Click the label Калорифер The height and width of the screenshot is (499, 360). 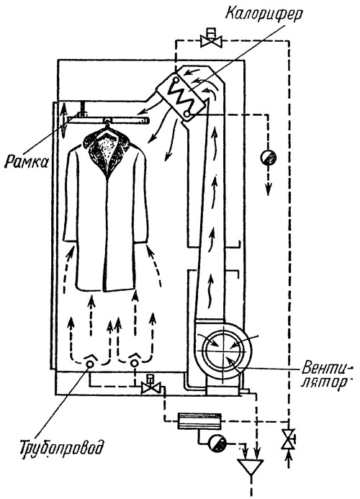pyautogui.click(x=264, y=14)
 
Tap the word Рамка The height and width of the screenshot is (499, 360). pyautogui.click(x=27, y=162)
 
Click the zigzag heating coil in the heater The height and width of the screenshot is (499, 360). pyautogui.click(x=180, y=95)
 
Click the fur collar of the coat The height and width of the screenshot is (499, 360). pyautogui.click(x=107, y=149)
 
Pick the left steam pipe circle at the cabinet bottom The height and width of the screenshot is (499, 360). pyautogui.click(x=90, y=364)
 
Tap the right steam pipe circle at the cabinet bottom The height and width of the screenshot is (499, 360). pyautogui.click(x=135, y=363)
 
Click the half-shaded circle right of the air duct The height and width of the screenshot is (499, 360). pyautogui.click(x=268, y=157)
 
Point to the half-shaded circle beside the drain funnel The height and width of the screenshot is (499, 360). pyautogui.click(x=217, y=443)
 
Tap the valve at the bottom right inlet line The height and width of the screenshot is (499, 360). pyautogui.click(x=289, y=439)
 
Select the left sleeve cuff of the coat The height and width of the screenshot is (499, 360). pyautogui.click(x=68, y=240)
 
